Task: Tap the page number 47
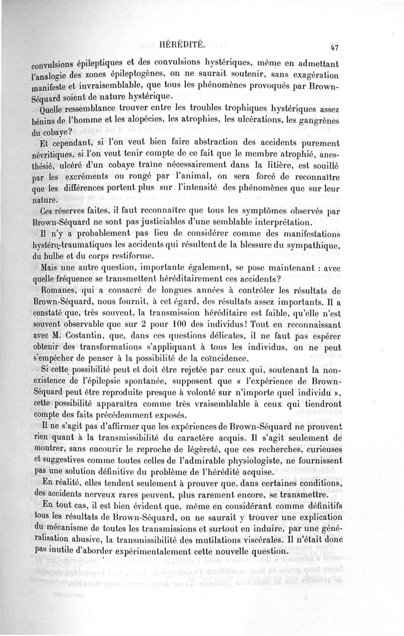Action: coord(333,48)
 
